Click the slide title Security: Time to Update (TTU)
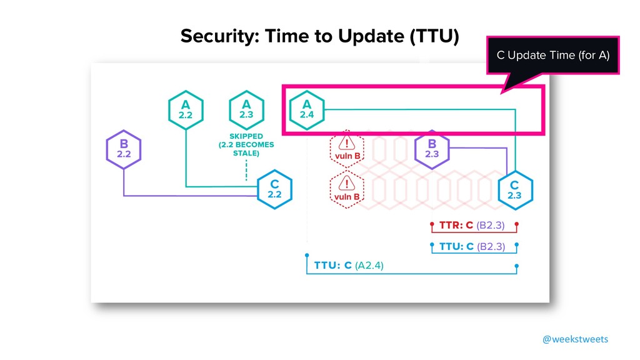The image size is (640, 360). click(x=319, y=37)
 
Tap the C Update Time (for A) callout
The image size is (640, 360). click(x=552, y=56)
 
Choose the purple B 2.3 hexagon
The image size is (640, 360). click(x=432, y=149)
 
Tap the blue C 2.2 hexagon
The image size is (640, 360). click(x=275, y=189)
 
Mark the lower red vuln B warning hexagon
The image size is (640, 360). click(x=347, y=191)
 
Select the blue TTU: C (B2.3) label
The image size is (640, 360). click(x=472, y=246)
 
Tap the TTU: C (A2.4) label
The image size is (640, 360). click(x=349, y=266)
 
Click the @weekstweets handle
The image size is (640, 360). click(x=574, y=339)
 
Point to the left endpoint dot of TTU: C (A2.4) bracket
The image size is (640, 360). click(x=306, y=256)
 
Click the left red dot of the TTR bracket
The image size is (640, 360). click(x=431, y=223)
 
